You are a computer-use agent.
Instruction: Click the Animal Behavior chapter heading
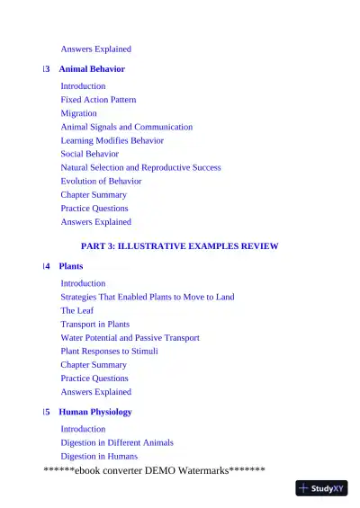[91, 69]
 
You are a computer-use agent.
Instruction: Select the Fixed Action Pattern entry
[98, 100]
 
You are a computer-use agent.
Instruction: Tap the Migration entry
[78, 113]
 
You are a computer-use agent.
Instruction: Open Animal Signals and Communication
[126, 127]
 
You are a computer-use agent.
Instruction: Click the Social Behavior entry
[89, 154]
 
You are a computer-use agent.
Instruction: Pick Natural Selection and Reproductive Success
[140, 167]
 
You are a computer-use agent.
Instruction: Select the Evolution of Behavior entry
[101, 181]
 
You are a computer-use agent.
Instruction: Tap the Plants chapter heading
[71, 266]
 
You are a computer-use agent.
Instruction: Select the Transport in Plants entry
[94, 324]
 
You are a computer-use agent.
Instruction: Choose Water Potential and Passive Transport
[130, 337]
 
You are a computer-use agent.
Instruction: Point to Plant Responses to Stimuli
[109, 351]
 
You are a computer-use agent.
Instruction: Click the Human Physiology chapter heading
[94, 412]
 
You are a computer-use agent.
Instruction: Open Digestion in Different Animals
[117, 442]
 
